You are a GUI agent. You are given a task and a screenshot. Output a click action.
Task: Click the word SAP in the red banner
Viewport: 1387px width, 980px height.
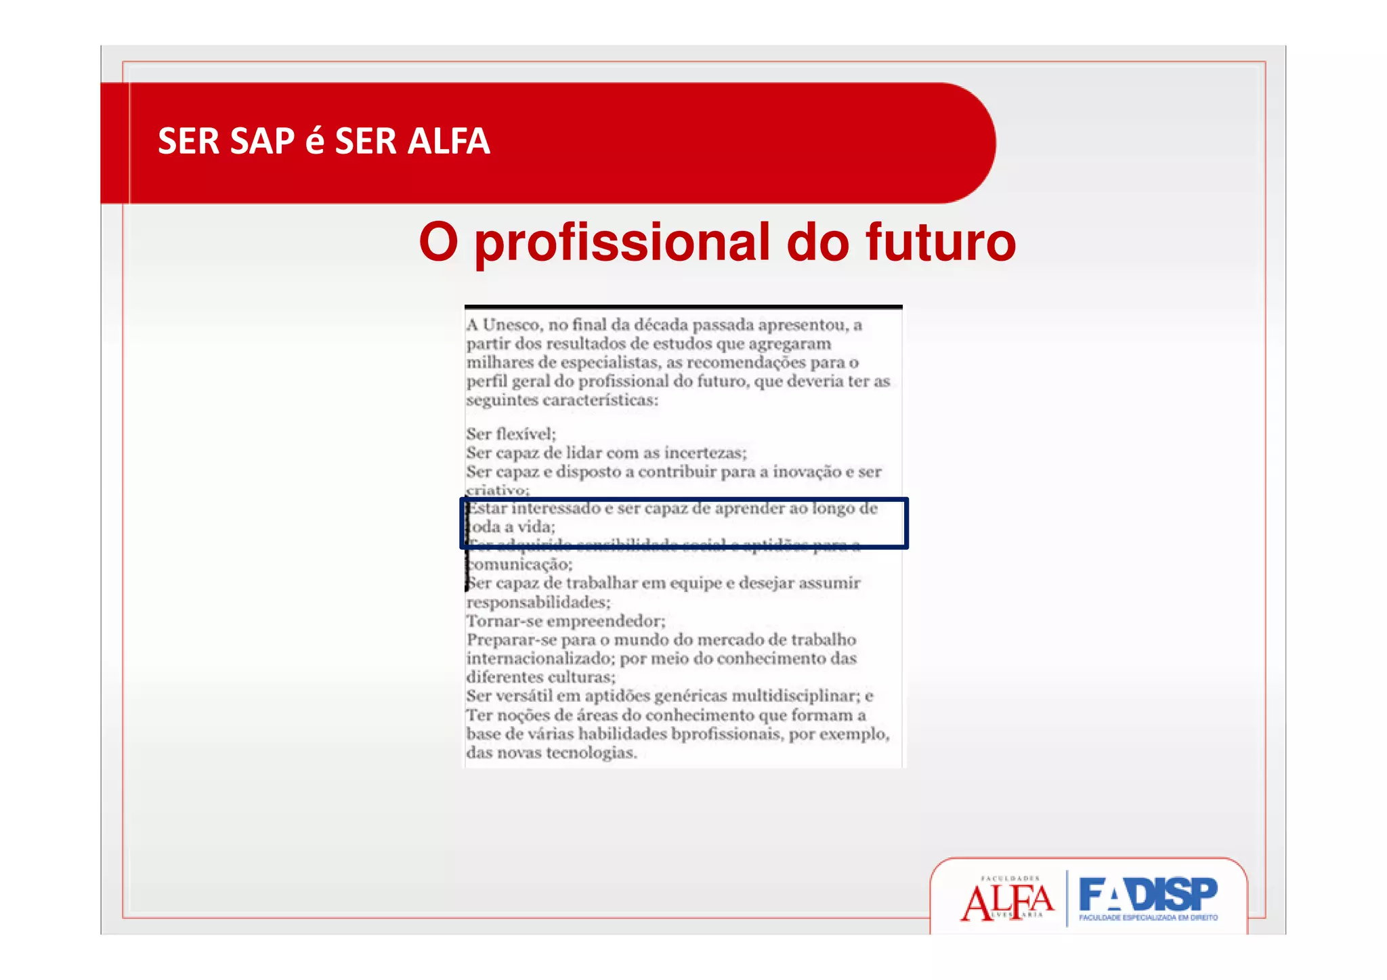pyautogui.click(x=262, y=142)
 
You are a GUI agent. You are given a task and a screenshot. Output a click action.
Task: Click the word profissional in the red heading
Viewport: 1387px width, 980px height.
pyautogui.click(x=622, y=242)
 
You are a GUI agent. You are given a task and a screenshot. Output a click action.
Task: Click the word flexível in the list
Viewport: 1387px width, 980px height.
pyautogui.click(x=526, y=433)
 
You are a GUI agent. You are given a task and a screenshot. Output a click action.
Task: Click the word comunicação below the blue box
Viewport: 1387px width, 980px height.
pyautogui.click(x=519, y=564)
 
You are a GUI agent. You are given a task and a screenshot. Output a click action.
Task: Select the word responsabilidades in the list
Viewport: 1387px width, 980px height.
pyautogui.click(x=538, y=602)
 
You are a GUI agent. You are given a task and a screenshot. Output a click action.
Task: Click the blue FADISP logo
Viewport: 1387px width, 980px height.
pyautogui.click(x=1148, y=897)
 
